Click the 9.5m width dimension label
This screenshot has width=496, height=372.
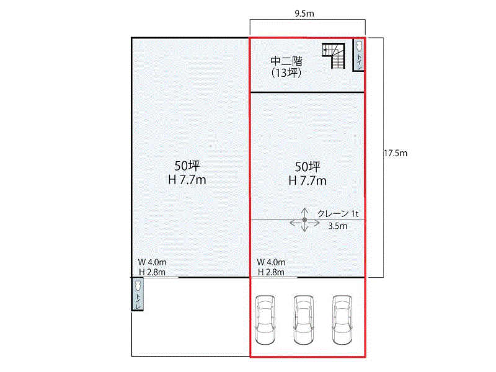[x=304, y=13]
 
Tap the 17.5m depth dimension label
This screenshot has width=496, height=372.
[x=396, y=153]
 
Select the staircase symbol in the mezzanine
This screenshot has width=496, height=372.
[x=334, y=56]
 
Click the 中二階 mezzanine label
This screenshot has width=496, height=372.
[x=286, y=61]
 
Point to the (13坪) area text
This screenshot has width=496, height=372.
[x=286, y=73]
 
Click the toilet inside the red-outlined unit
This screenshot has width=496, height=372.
[x=359, y=55]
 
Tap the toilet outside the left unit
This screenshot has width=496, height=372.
[x=137, y=294]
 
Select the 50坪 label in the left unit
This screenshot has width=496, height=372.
[x=187, y=166]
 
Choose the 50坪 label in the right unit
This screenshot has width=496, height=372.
[x=308, y=166]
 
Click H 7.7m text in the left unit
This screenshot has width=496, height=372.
[x=187, y=180]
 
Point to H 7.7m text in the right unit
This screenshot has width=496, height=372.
[x=308, y=180]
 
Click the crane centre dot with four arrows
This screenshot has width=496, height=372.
[x=304, y=220]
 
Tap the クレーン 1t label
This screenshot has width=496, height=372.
[x=338, y=214]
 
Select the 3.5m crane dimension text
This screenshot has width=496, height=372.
[x=337, y=226]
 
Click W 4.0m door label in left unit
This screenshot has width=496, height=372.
[x=152, y=262]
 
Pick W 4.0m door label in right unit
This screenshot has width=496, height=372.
[x=271, y=262]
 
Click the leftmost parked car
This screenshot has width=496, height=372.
[x=265, y=319]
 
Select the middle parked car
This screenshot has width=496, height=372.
[x=304, y=319]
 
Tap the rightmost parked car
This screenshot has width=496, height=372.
[x=342, y=319]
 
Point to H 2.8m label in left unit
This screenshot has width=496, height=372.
[x=152, y=272]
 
